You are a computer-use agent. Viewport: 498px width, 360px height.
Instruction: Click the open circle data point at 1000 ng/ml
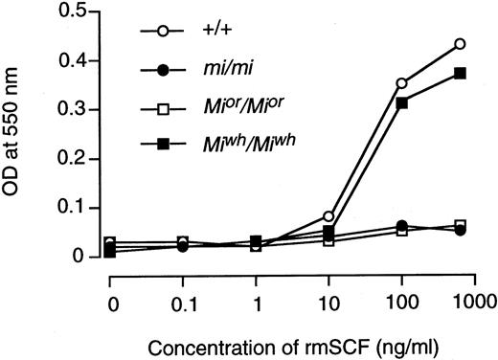click(x=461, y=44)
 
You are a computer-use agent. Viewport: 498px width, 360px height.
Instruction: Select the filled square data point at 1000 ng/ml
click(x=461, y=74)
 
